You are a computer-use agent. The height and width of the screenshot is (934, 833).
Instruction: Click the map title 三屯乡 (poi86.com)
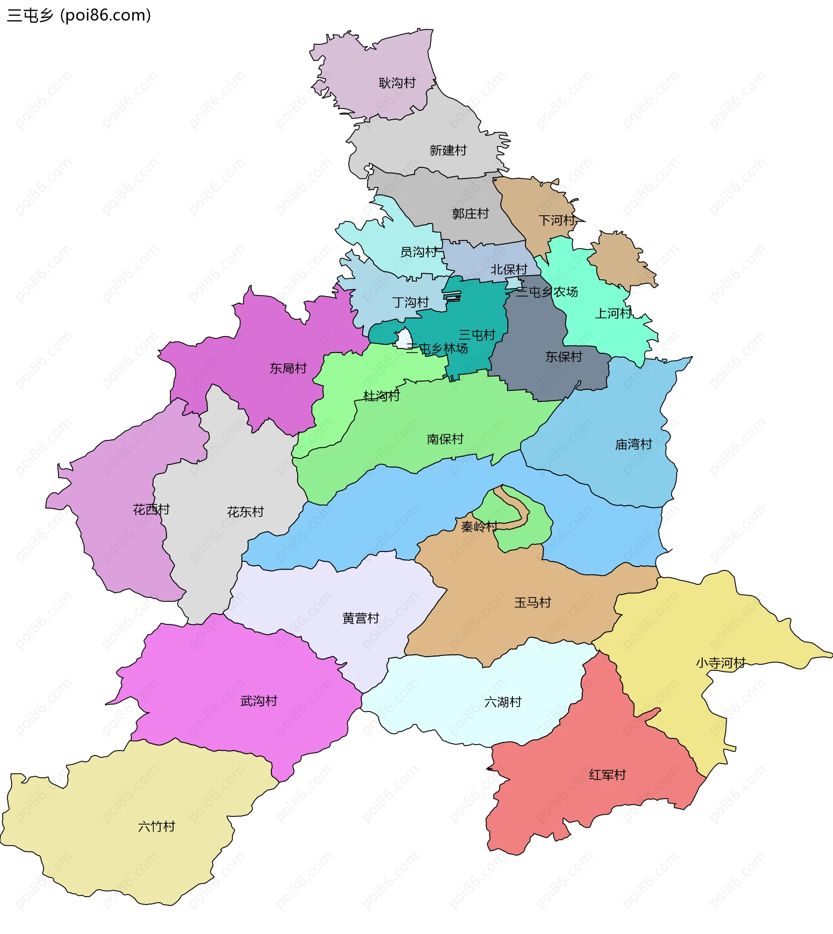[x=79, y=16]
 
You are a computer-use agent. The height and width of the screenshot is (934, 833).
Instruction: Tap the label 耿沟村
[x=397, y=83]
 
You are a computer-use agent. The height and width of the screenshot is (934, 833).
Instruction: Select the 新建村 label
[x=448, y=150]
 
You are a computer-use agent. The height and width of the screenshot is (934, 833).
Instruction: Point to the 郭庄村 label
[x=470, y=214]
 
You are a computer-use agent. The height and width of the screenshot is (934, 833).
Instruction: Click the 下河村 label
[x=557, y=220]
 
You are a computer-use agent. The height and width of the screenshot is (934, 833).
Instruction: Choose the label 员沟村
[x=418, y=252]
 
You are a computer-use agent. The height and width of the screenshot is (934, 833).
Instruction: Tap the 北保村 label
[x=508, y=269]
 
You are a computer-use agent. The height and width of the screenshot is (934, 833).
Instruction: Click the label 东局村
[x=288, y=368]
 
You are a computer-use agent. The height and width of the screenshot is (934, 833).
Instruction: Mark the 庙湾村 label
[x=633, y=444]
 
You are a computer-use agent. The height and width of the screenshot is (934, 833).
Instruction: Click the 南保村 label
[x=445, y=439]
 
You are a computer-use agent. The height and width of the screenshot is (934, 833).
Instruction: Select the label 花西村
[x=151, y=509]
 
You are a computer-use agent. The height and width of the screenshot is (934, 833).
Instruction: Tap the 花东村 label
[x=245, y=511]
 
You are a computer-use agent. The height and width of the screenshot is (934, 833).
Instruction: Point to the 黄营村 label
[x=361, y=618]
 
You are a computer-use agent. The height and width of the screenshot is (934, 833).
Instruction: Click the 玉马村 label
[x=532, y=602]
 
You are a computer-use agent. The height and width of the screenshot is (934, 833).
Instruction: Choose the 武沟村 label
[x=259, y=701]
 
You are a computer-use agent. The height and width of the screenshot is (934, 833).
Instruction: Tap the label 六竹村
[x=157, y=826]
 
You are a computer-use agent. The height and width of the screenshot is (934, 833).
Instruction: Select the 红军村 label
[x=607, y=775]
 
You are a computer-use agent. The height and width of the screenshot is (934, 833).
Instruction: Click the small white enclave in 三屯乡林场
[x=403, y=339]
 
